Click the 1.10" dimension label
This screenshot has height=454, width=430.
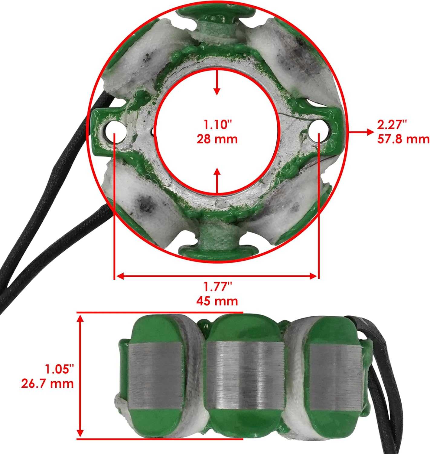click(217, 124)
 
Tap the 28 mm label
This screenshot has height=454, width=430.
click(217, 139)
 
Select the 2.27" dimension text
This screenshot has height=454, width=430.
click(392, 124)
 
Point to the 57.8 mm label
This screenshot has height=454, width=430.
click(403, 139)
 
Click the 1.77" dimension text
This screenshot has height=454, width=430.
click(217, 286)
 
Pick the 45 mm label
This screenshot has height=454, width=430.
click(217, 301)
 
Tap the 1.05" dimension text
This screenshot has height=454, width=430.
click(59, 369)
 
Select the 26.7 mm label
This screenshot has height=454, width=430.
click(47, 384)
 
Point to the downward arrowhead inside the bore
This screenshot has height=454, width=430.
click(217, 91)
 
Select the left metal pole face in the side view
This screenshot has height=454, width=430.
click(155, 378)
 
